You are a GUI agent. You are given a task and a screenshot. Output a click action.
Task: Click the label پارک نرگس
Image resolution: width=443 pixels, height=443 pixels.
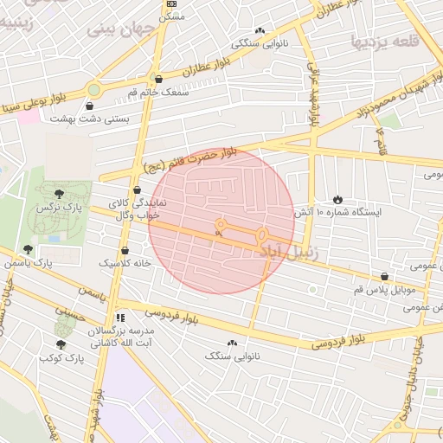click(58, 209)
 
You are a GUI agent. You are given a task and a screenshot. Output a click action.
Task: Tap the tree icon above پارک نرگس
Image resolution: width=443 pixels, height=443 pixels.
click(58, 193)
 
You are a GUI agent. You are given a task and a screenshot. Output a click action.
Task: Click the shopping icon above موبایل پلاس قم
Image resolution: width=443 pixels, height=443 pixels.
click(385, 277)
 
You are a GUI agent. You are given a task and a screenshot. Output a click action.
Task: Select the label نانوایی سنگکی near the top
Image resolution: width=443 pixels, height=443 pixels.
click(260, 42)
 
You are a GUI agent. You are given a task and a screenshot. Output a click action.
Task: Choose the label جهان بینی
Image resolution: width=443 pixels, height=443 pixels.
click(119, 29)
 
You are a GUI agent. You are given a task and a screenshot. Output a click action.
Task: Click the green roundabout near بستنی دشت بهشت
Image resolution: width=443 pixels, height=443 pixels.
click(93, 88)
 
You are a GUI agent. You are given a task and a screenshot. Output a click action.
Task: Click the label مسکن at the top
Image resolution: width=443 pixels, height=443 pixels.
click(173, 16)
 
